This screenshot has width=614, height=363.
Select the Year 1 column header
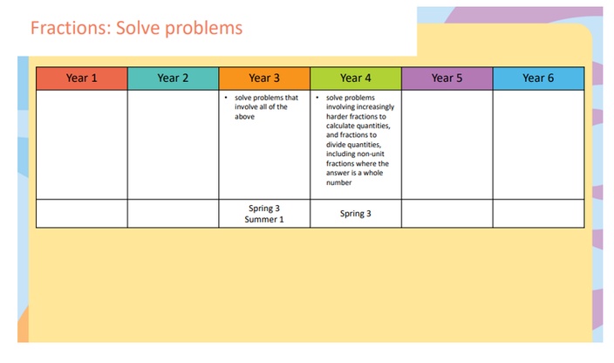click(82, 79)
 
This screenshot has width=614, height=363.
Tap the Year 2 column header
click(173, 79)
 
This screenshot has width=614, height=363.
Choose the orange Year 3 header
click(264, 79)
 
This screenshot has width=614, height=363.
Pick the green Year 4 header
click(356, 79)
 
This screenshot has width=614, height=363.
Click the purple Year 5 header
click(447, 79)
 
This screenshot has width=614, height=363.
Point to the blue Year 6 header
click(538, 79)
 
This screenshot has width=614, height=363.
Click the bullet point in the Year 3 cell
click(226, 97)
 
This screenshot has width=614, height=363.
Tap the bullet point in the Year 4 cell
click(317, 97)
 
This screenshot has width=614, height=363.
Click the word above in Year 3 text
click(245, 117)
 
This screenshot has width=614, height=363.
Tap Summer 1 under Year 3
click(264, 219)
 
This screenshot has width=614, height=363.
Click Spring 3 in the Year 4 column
click(356, 214)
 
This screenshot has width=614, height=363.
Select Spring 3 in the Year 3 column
click(264, 209)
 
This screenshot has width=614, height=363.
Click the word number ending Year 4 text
click(339, 182)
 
